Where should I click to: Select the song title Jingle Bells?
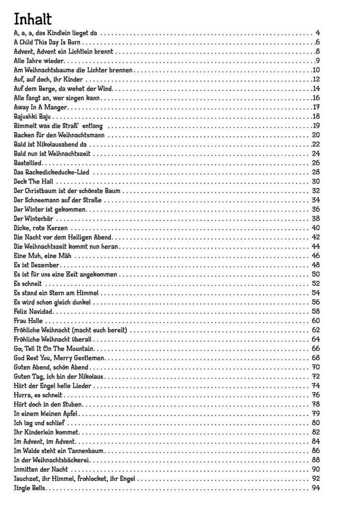click(30, 488)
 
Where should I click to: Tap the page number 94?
click(316, 488)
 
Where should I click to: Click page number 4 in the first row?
click(317, 33)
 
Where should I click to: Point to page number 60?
click(316, 321)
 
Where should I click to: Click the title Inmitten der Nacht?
click(41, 469)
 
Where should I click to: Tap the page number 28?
click(316, 172)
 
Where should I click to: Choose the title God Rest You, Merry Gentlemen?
click(59, 358)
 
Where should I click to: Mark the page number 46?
click(316, 255)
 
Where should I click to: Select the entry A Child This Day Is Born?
click(47, 42)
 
